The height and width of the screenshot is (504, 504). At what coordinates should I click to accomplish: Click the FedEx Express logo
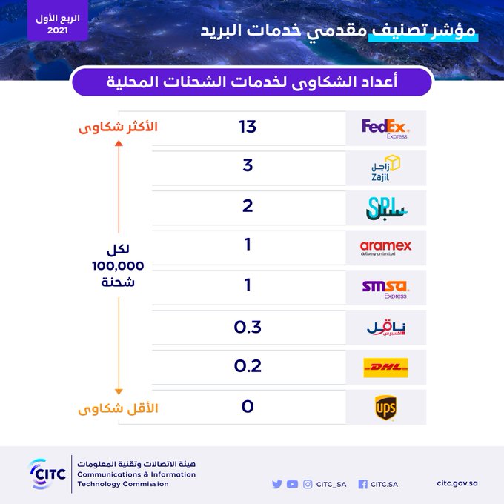tap(385, 128)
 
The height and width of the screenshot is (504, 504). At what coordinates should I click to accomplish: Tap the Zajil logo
tap(385, 168)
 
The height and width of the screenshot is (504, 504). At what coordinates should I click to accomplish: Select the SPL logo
tap(386, 208)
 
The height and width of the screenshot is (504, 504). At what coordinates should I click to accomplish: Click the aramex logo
tap(385, 248)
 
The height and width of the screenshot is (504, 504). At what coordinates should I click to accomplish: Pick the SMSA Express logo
tap(385, 289)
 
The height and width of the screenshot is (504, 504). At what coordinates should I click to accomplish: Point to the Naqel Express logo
tap(386, 328)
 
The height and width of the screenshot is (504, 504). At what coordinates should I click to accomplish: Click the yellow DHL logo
tap(385, 368)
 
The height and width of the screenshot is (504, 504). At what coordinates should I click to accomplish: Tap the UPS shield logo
tap(385, 408)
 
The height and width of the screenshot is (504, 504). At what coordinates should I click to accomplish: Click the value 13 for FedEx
tap(247, 127)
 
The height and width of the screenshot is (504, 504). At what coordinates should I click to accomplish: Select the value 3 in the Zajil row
tap(248, 165)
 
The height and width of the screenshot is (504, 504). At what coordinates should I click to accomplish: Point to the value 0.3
tap(248, 327)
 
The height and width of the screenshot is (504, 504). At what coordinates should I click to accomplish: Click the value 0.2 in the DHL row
tap(248, 366)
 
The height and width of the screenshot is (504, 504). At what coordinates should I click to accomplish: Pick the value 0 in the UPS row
tap(248, 406)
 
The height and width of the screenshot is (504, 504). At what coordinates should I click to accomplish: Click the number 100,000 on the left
tap(118, 266)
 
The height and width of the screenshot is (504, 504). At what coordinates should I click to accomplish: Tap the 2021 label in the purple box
tap(58, 30)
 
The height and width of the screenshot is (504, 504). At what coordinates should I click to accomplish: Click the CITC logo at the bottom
tap(47, 474)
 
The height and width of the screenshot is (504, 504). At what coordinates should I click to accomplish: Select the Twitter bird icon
tap(277, 484)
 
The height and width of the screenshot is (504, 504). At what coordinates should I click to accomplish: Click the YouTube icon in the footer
tap(292, 484)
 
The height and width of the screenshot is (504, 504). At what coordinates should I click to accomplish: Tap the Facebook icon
tap(363, 485)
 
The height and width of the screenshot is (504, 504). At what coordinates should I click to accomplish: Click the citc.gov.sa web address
tap(457, 483)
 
